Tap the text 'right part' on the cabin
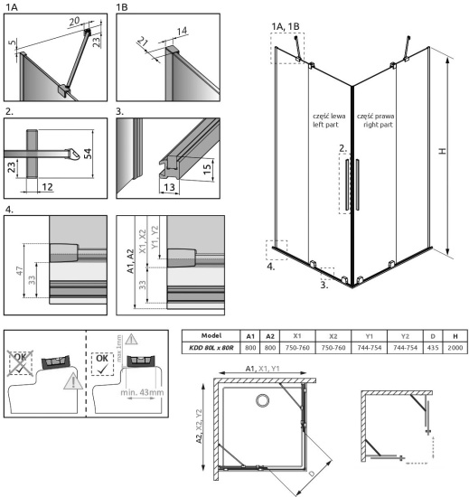tap(376, 127)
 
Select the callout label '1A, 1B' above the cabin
tap(288, 26)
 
